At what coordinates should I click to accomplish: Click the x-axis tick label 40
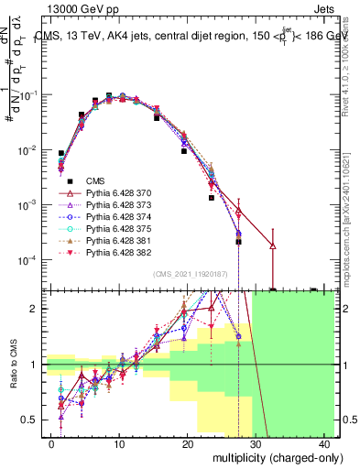tap(324, 443)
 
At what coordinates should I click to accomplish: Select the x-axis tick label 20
tap(188, 443)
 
